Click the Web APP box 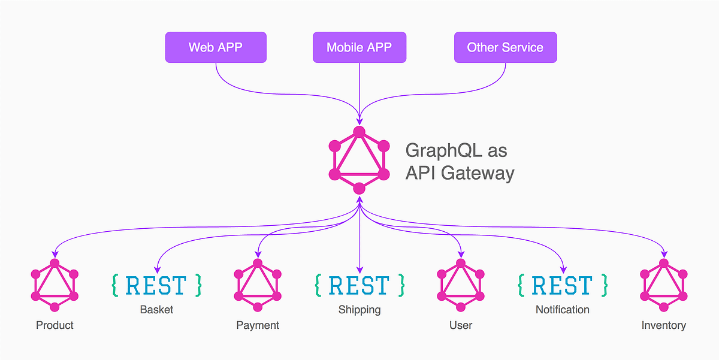click(x=216, y=47)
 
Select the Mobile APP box click(x=359, y=47)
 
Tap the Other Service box click(x=505, y=47)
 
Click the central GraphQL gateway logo click(x=359, y=160)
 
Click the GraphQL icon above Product click(x=55, y=285)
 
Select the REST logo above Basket click(x=156, y=285)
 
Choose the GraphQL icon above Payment click(x=258, y=285)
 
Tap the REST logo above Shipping click(x=359, y=285)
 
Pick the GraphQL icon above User click(x=461, y=285)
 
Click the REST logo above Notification click(x=563, y=285)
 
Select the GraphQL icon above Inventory click(x=663, y=285)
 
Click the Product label click(x=55, y=325)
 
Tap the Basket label click(x=156, y=310)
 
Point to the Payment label click(x=258, y=325)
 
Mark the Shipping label click(x=359, y=310)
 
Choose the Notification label click(x=563, y=310)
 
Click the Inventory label click(x=663, y=325)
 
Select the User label click(x=461, y=325)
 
